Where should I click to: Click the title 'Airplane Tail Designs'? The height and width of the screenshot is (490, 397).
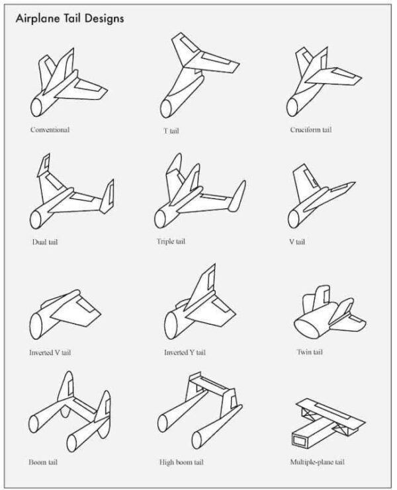(69, 19)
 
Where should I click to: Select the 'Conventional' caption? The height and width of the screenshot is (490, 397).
(50, 130)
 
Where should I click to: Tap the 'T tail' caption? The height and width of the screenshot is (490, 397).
(171, 131)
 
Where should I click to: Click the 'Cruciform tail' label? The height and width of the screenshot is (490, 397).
(311, 130)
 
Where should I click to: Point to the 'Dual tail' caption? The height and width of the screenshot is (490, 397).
(45, 243)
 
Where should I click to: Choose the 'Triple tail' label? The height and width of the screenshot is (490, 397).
(171, 241)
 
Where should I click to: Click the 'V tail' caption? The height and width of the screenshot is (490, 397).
(296, 242)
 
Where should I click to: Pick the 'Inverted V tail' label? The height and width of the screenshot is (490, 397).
(50, 352)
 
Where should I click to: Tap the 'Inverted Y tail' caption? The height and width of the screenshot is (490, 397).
(185, 352)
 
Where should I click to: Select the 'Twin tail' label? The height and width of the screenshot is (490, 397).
(310, 352)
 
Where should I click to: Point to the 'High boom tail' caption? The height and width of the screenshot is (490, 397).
(181, 462)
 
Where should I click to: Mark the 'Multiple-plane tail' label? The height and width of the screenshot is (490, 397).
(318, 462)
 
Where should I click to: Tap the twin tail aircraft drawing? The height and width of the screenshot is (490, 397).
(329, 314)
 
